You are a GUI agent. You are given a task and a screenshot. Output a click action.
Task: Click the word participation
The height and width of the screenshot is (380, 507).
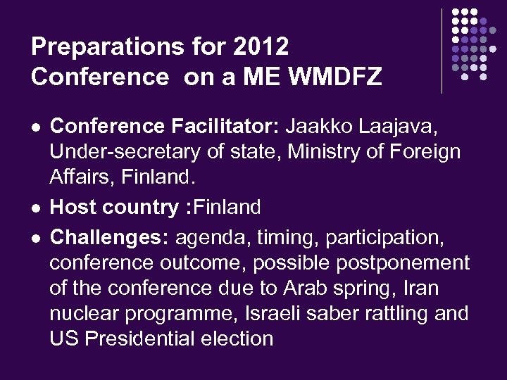tap(384, 238)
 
